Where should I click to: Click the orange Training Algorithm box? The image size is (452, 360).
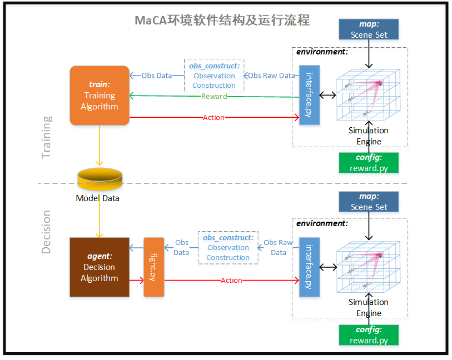coord(99,96)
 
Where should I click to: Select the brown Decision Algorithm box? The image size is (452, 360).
coord(99,267)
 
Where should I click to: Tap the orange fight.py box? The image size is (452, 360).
coord(154,267)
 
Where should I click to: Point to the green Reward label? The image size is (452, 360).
coord(214,96)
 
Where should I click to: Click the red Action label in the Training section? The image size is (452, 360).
coord(214,117)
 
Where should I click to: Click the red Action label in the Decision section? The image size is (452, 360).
coord(231,281)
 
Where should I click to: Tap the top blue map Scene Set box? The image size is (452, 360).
coord(369,29)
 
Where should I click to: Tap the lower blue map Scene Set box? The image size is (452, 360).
coord(369,202)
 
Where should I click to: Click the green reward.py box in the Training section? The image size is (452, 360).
coord(369,163)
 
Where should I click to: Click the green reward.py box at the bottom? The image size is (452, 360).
coord(369,335)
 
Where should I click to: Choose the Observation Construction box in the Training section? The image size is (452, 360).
coord(214,76)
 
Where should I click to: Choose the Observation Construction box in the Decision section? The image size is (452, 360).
coord(228,247)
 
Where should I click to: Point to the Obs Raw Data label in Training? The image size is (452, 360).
coord(271,76)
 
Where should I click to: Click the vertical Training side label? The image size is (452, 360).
coord(47,137)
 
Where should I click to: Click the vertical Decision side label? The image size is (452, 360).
coord(47,232)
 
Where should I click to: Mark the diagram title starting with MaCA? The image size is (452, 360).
coord(222,21)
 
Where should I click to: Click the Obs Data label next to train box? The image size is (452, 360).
coord(156,76)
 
